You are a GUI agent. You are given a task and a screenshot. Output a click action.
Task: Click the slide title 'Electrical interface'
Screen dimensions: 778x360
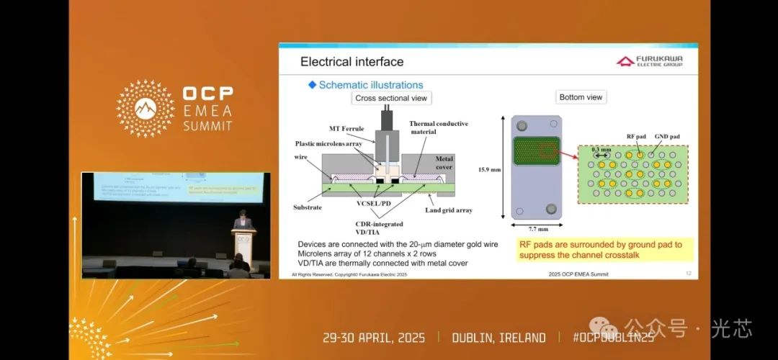[x=352, y=62]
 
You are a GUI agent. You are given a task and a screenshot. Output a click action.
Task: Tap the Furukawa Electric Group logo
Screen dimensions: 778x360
[x=649, y=61]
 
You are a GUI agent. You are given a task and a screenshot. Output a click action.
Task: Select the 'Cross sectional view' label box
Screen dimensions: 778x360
[x=392, y=98]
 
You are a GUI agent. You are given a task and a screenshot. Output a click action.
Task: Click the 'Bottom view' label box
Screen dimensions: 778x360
[x=581, y=97]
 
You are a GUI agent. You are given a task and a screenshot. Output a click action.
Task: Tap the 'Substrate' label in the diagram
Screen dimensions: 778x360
[x=308, y=207]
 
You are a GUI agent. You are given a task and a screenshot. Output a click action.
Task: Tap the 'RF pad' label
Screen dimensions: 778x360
[x=635, y=137]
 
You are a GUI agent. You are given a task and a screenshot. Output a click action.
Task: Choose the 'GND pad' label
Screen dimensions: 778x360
[x=666, y=137]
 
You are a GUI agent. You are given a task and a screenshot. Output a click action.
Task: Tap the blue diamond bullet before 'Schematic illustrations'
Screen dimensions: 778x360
[x=312, y=85]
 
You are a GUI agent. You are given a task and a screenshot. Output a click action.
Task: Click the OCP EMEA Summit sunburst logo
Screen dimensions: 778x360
[x=146, y=108]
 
